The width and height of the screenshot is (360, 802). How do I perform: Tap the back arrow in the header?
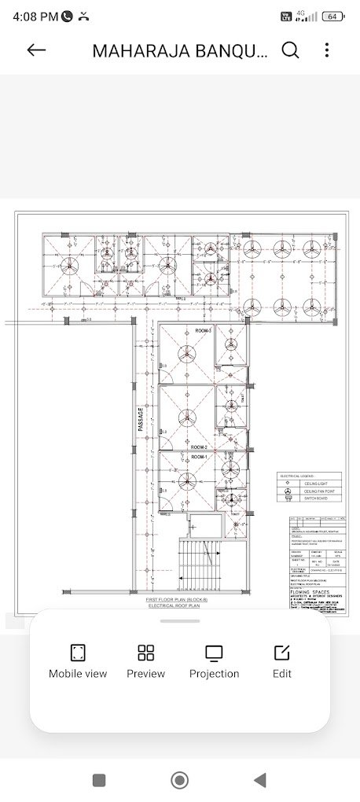[x=36, y=50]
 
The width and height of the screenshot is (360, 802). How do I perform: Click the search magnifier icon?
[x=290, y=50]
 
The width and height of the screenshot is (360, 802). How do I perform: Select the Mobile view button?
[x=78, y=660]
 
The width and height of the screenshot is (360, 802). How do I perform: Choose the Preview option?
[x=146, y=660]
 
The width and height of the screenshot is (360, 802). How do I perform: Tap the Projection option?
[x=214, y=660]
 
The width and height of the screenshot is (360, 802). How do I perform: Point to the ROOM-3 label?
[x=204, y=331]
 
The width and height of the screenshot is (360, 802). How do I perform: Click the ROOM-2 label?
[x=199, y=447]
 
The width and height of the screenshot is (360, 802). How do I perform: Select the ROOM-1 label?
[x=199, y=456]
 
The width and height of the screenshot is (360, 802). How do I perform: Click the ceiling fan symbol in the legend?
[x=288, y=491]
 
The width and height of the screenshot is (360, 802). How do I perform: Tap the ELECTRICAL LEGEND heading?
[x=296, y=476]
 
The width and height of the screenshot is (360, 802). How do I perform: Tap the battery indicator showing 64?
[x=332, y=16]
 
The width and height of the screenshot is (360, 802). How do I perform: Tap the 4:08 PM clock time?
[x=35, y=16]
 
